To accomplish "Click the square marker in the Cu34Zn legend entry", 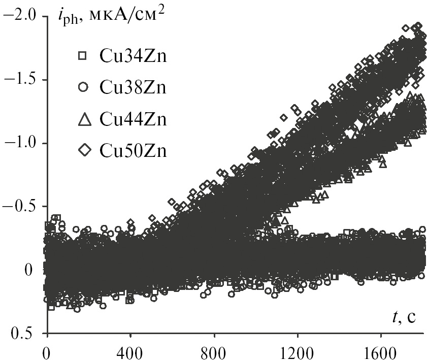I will coord(83,56).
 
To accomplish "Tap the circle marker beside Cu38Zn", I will coord(83,87).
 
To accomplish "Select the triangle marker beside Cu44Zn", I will coord(83,119).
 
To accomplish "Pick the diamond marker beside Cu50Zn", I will coord(83,150).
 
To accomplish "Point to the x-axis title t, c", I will coord(404,318).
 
